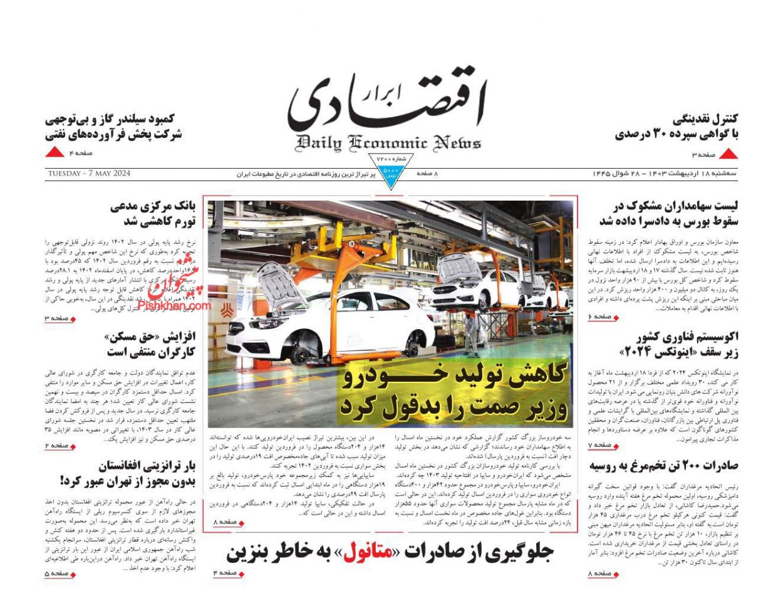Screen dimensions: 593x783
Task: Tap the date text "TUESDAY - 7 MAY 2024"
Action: (88, 174)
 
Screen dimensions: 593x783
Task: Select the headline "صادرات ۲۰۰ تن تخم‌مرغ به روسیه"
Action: (663, 466)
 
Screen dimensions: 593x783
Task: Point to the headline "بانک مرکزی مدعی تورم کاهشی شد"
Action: (153, 213)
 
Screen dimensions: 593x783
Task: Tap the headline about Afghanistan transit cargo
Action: (128, 473)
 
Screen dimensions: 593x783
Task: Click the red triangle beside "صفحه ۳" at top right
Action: (728, 154)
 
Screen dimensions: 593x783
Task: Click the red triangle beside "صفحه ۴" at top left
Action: (55, 152)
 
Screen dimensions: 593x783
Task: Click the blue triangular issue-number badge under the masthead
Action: (390, 171)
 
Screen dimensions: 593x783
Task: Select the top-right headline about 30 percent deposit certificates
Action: (677, 126)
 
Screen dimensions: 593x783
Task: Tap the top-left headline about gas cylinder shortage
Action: (113, 126)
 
